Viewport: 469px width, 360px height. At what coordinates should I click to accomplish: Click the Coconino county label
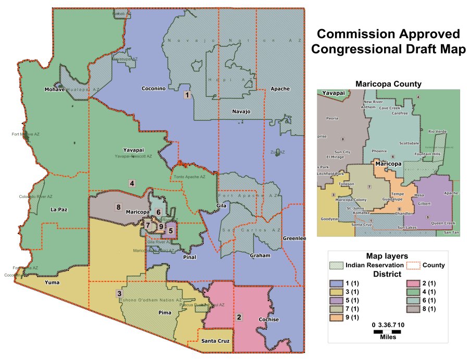(154, 89)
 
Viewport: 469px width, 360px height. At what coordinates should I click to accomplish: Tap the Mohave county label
(54, 89)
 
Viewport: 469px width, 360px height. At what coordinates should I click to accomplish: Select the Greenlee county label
(294, 239)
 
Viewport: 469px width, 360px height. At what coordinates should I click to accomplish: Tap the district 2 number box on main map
(239, 317)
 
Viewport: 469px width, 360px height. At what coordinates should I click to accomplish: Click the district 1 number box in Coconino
(187, 95)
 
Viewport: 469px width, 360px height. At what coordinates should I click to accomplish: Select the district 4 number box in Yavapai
(132, 183)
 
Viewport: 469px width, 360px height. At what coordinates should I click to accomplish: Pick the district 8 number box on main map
(119, 207)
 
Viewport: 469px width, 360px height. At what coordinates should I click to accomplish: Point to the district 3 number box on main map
(119, 294)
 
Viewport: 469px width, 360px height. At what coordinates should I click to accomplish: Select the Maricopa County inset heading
(388, 83)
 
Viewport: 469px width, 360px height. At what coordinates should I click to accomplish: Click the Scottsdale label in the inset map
(409, 143)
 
